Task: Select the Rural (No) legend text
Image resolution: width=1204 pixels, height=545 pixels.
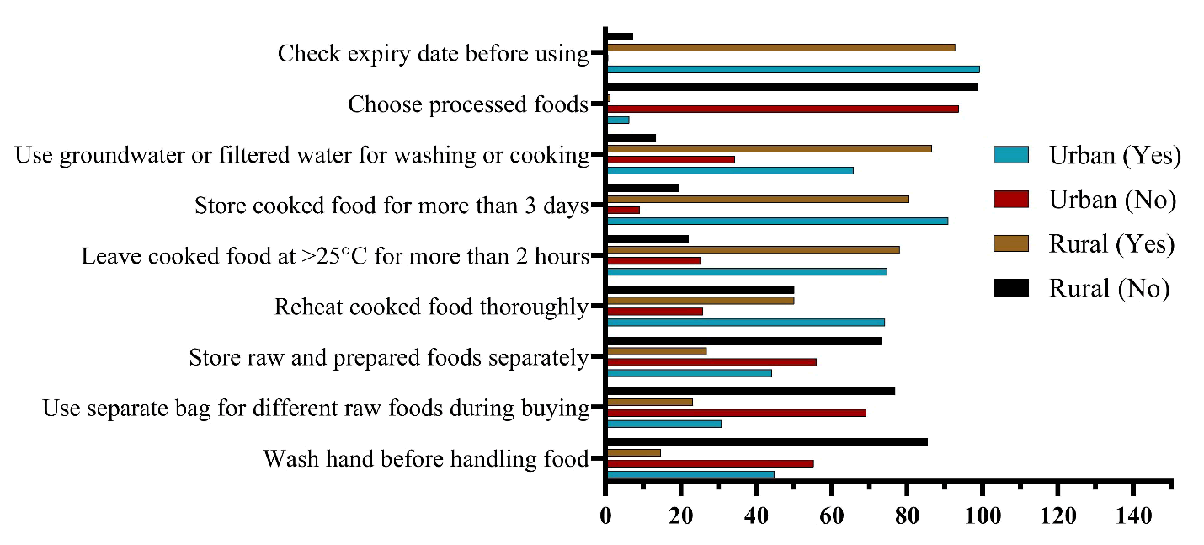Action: (x=1109, y=288)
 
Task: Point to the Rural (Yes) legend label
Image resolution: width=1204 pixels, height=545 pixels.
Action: (x=1111, y=244)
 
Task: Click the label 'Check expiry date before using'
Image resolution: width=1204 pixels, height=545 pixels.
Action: (x=433, y=54)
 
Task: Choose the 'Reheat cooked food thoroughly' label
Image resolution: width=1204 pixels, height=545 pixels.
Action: (x=431, y=307)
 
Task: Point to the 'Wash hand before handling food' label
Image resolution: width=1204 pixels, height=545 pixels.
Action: (x=425, y=459)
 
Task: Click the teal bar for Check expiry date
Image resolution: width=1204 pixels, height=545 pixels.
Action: (x=792, y=69)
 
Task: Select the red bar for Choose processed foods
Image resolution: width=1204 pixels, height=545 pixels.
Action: (x=782, y=109)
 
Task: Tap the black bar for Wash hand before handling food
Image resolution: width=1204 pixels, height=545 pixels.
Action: (x=766, y=441)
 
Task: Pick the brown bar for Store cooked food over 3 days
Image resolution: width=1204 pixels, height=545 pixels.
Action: (x=757, y=199)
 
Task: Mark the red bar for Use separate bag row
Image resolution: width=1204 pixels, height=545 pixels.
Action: (x=736, y=413)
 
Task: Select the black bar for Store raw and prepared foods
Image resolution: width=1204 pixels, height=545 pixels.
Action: (x=743, y=340)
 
